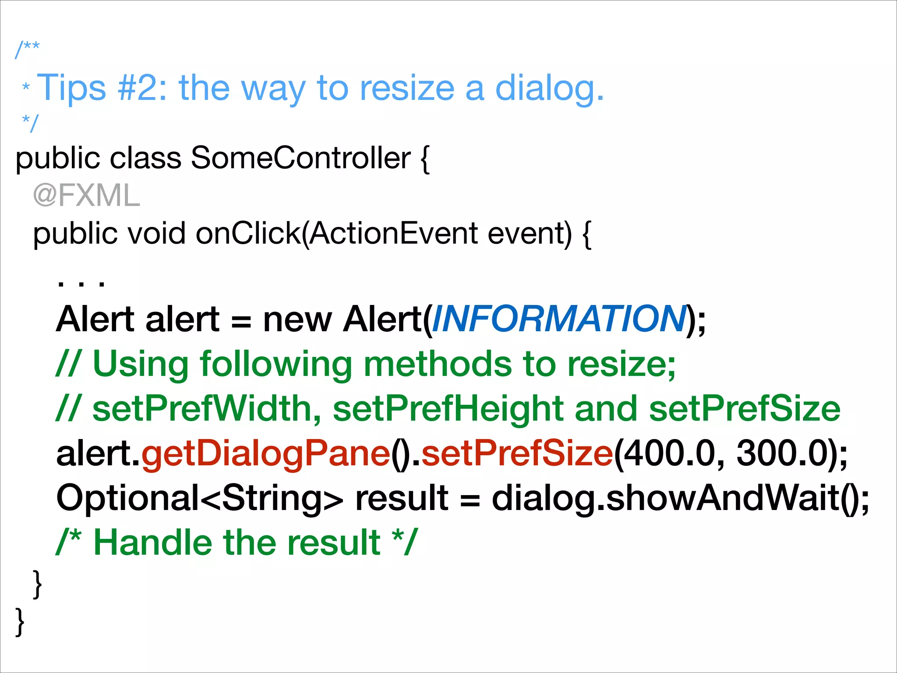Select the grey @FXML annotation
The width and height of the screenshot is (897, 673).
86,195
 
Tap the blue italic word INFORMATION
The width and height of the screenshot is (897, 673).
559,319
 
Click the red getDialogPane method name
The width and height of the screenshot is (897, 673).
266,454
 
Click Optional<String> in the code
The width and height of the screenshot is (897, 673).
200,499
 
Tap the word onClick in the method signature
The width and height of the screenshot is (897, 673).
247,233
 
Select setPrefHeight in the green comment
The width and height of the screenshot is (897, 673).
448,408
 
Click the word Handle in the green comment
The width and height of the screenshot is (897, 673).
153,542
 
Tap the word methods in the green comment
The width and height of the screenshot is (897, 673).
438,364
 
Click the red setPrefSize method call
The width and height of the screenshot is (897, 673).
517,454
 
